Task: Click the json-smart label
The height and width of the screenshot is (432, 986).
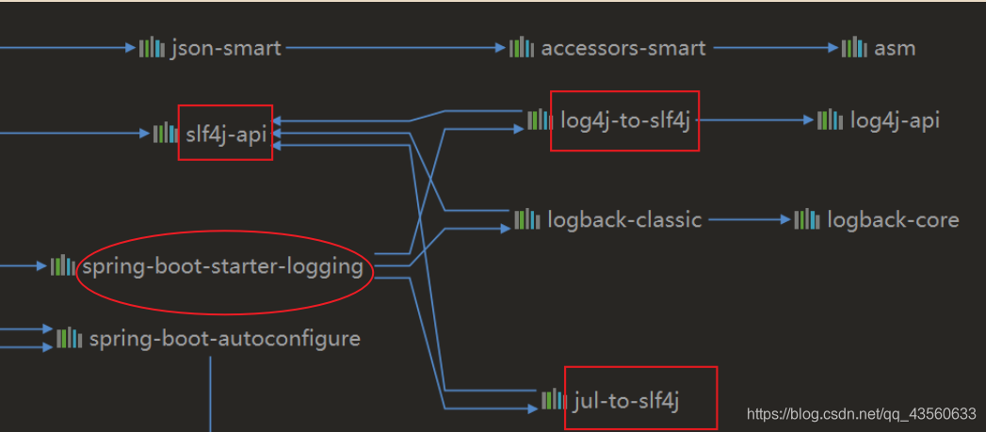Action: pos(225,48)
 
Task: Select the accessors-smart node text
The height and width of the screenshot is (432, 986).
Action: pos(622,48)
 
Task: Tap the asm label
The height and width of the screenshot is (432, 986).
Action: pos(894,48)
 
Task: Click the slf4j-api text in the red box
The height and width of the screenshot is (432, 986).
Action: pos(226,134)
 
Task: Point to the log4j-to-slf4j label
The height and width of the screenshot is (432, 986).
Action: pos(625,120)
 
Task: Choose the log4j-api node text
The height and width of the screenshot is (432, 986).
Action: pos(894,120)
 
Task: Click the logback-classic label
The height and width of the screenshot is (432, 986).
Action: pos(624,220)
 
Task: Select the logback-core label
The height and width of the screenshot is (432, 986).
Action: pos(893,220)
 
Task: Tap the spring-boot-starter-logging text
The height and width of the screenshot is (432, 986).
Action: pos(222,266)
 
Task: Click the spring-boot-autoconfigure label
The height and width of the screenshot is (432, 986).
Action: pos(224,338)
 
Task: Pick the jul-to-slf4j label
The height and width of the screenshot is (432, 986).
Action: pos(625,400)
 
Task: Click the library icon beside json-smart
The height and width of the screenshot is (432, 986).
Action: pos(152,47)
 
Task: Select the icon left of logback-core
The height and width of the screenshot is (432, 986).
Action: pos(807,220)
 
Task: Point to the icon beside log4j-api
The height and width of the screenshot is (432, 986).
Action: pos(830,120)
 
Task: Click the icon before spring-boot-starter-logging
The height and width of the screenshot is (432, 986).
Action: pos(62,266)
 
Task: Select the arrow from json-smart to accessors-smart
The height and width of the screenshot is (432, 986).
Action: pos(396,47)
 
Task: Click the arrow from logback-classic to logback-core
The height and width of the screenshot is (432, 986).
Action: pos(750,220)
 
